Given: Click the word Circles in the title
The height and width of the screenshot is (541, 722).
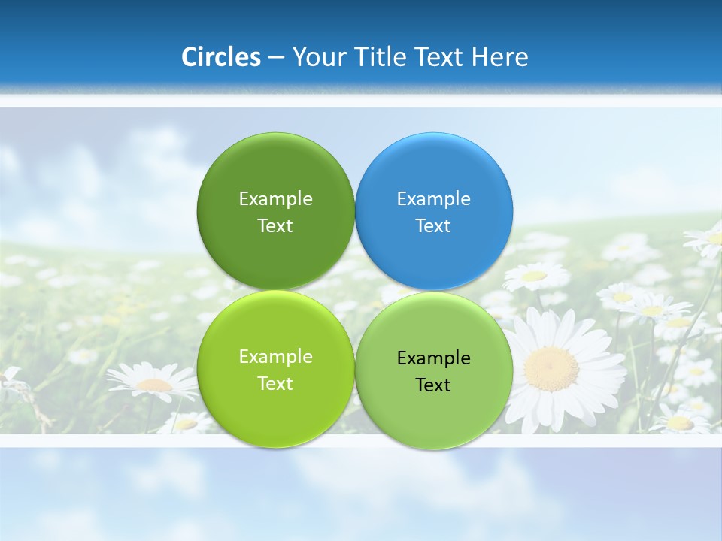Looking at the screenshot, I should click(x=220, y=57).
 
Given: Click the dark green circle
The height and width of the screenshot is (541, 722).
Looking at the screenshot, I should click(x=275, y=169).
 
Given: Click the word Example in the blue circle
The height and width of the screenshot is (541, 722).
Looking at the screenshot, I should click(x=433, y=198).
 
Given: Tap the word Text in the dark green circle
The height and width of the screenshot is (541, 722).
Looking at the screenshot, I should click(x=275, y=225).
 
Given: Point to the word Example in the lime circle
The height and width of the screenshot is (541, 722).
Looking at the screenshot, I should click(x=275, y=356).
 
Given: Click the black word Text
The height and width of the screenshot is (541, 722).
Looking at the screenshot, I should click(x=433, y=385).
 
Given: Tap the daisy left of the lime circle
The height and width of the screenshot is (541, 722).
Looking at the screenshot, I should click(x=153, y=383).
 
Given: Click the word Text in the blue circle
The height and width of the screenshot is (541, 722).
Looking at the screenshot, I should click(x=433, y=225).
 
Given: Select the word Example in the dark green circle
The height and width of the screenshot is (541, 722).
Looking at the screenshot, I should click(x=275, y=198).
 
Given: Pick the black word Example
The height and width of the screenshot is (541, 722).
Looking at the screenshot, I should click(x=433, y=358).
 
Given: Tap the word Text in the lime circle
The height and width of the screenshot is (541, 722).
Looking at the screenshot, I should click(x=275, y=383).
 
